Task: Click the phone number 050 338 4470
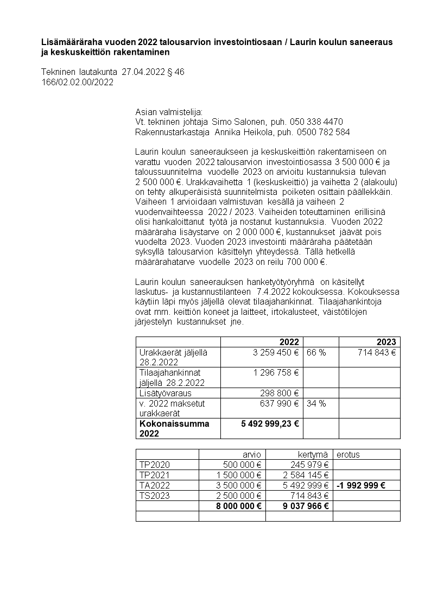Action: point(317,122)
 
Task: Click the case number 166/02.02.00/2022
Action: point(77,83)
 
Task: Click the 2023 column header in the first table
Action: point(386,342)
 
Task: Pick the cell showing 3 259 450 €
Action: point(276,352)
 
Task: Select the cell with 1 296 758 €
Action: point(276,373)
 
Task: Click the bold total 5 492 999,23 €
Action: point(270,423)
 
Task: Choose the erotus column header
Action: point(348,454)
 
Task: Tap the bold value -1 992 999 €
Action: point(361,485)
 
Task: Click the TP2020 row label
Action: point(154,465)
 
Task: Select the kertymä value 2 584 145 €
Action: point(306,475)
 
